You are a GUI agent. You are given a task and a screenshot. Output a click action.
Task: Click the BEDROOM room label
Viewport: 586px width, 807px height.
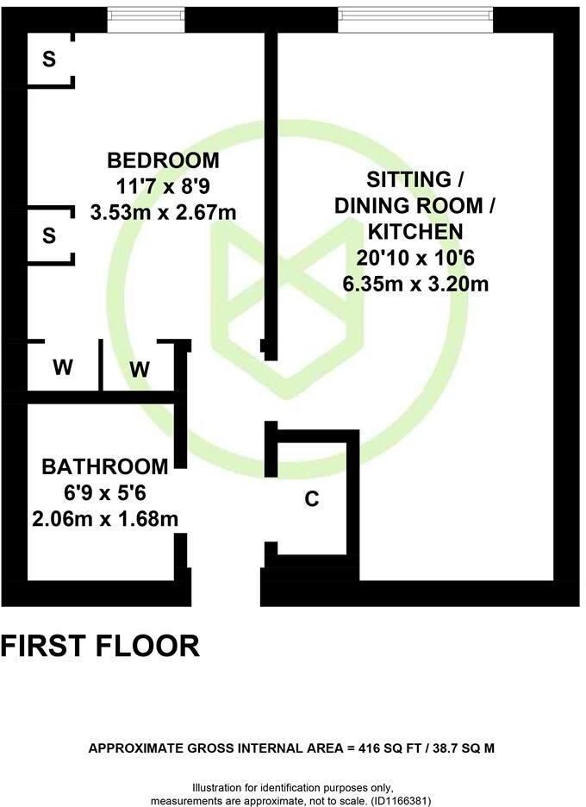(163, 160)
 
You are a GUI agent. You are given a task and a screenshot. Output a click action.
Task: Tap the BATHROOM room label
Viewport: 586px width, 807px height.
(105, 466)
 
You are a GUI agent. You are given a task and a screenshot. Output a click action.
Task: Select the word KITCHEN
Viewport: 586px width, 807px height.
(415, 231)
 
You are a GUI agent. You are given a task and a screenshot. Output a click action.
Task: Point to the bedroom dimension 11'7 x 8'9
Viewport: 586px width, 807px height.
(163, 185)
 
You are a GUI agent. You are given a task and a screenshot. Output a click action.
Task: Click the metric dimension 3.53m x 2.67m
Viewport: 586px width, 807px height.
(163, 211)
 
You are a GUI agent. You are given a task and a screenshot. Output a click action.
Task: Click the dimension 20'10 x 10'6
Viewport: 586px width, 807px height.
(415, 257)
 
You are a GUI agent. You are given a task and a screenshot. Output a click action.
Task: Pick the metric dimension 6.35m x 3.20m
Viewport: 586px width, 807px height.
(415, 283)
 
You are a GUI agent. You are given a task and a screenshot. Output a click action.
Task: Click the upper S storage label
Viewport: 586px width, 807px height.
(49, 59)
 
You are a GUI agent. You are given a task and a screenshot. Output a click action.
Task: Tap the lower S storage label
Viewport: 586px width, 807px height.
(49, 235)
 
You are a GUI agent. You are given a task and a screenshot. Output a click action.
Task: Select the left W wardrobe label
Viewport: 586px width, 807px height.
(62, 367)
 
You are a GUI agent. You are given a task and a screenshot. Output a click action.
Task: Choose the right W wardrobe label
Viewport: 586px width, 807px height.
(140, 369)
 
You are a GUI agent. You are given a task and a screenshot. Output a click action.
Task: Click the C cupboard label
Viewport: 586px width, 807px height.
(313, 498)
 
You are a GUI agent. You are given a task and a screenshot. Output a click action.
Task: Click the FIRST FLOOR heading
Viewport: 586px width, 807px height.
(100, 646)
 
